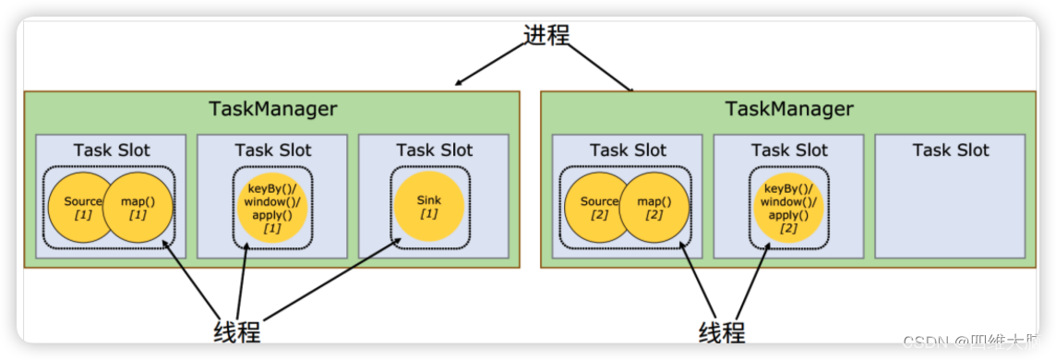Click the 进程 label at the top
click(x=546, y=35)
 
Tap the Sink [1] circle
click(x=429, y=208)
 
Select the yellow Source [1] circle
click(x=82, y=208)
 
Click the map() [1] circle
click(x=138, y=208)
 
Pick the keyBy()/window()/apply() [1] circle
click(x=272, y=208)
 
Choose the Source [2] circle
click(x=599, y=208)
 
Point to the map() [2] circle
click(x=655, y=208)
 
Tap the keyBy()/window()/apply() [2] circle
click(x=788, y=208)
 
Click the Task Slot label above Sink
click(x=434, y=150)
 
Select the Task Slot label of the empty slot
click(x=950, y=150)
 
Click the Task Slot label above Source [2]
click(x=628, y=150)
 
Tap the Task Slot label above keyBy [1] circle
click(x=272, y=150)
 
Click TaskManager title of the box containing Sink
click(x=272, y=109)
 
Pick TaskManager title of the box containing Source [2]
click(x=789, y=109)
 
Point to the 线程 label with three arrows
click(x=237, y=330)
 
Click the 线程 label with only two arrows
click(x=721, y=330)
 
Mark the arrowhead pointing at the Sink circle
click(x=401, y=241)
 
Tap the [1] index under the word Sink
click(x=429, y=215)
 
